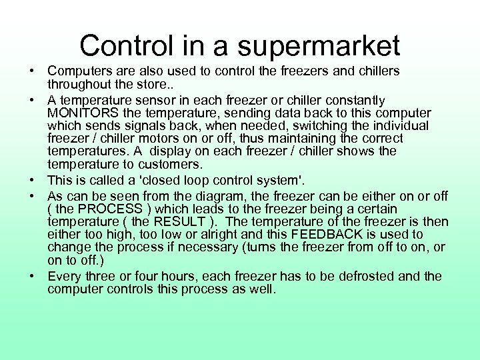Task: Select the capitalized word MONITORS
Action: pos(83,113)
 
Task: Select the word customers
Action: pos(172,164)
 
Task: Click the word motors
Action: pos(169,139)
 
